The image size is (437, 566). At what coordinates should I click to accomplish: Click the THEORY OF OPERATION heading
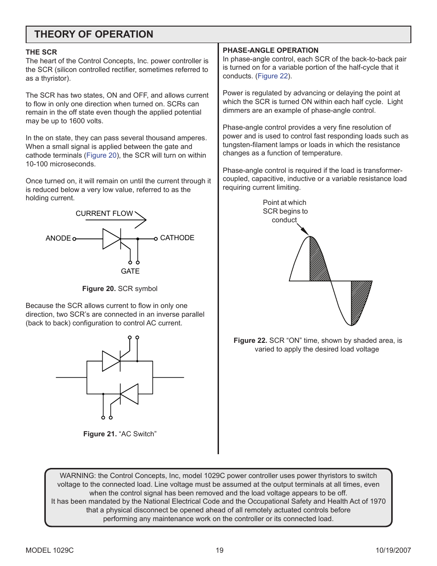click(x=93, y=34)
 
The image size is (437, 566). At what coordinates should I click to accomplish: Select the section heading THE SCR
click(x=41, y=52)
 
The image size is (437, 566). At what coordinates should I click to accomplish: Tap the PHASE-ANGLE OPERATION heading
click(x=270, y=50)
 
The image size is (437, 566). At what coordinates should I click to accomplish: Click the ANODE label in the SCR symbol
click(x=58, y=238)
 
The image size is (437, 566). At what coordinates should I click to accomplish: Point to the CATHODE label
click(x=177, y=238)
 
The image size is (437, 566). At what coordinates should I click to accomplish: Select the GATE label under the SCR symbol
click(x=130, y=271)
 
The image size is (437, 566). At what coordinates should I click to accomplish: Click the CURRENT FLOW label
click(x=104, y=214)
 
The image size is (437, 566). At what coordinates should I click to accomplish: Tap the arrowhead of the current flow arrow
click(x=142, y=220)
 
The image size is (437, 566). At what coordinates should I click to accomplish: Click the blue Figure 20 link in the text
click(x=101, y=155)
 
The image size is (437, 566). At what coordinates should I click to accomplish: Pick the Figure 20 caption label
click(x=99, y=289)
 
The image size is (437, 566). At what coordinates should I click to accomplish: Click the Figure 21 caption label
click(x=100, y=434)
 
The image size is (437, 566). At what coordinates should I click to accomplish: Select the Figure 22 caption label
click(x=250, y=341)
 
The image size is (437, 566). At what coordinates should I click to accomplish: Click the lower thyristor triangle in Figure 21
click(x=130, y=394)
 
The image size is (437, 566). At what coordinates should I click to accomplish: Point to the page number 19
click(x=219, y=550)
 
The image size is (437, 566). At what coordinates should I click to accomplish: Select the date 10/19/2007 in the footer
click(x=393, y=550)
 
